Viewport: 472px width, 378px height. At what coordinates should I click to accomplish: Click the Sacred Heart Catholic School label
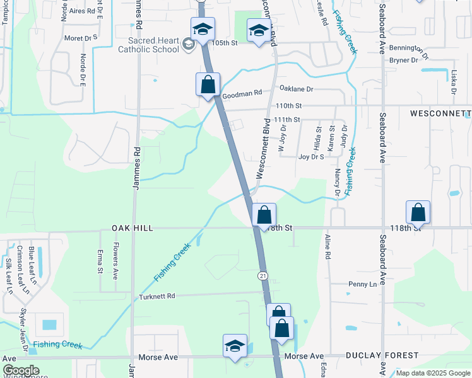pyautogui.click(x=150, y=44)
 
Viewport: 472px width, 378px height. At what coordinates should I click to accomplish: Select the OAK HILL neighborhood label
pyautogui.click(x=133, y=227)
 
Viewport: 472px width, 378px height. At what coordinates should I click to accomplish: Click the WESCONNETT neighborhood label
pyautogui.click(x=440, y=113)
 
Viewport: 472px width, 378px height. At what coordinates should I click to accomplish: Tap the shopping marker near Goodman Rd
pyautogui.click(x=208, y=85)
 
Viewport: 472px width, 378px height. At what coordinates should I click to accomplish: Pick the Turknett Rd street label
pyautogui.click(x=166, y=295)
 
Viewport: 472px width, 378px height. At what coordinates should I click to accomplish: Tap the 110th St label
pyautogui.click(x=289, y=105)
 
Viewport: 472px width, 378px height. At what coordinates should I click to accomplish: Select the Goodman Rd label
pyautogui.click(x=242, y=93)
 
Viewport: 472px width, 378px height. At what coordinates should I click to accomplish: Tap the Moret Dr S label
pyautogui.click(x=81, y=38)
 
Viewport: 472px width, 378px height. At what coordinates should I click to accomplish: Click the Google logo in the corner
pyautogui.click(x=21, y=370)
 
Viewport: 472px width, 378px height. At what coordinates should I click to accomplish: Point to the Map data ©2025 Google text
pyautogui.click(x=432, y=373)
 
